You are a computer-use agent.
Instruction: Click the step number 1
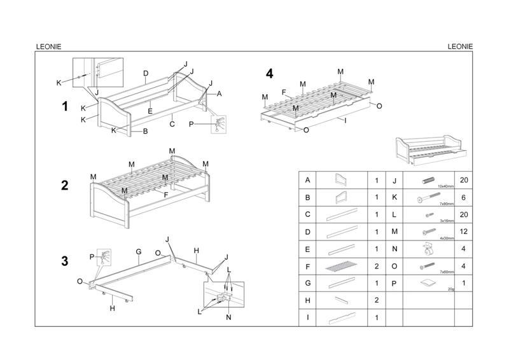[x=64, y=106]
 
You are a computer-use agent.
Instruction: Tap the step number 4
[x=270, y=74]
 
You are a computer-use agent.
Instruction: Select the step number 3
[x=64, y=261]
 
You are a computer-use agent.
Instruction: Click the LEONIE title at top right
[x=460, y=46]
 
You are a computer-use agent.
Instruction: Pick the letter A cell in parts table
[x=308, y=180]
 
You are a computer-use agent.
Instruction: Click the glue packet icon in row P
[x=428, y=282]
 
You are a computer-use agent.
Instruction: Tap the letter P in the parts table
[x=394, y=283]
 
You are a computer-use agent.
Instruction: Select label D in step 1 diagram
[x=146, y=73]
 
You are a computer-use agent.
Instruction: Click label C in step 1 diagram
[x=172, y=116]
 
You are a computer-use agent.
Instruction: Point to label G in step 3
[x=138, y=252]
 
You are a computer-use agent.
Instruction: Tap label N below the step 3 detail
[x=229, y=317]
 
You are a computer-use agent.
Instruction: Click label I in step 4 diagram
[x=345, y=120]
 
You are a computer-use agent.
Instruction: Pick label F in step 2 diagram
[x=166, y=194]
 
